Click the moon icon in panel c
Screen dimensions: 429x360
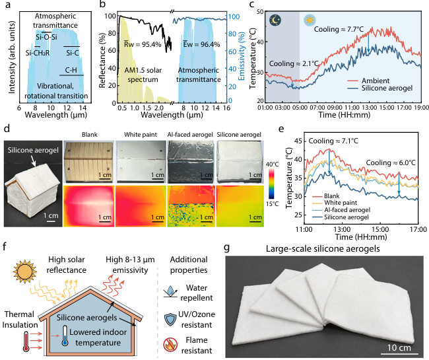[275, 20]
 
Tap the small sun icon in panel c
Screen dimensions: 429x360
[310, 20]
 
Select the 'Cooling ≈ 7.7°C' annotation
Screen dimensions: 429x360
[339, 29]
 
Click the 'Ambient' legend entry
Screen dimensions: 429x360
[375, 81]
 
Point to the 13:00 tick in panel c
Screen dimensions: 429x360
[369, 107]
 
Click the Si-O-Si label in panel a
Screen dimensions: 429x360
[46, 37]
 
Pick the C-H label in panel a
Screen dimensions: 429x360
[71, 70]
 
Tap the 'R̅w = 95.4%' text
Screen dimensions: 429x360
[143, 44]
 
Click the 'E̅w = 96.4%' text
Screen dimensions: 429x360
[201, 44]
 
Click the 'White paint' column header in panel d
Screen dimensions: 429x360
[141, 135]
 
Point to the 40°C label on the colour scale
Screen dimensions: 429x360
[272, 164]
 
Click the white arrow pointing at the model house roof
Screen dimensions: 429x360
[33, 162]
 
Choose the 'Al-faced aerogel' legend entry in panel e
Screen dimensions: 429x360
[347, 209]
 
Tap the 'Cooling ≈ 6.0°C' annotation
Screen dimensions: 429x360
[391, 162]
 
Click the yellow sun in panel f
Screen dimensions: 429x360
[25, 272]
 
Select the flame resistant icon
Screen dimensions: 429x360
[170, 345]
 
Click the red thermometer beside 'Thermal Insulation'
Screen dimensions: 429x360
[26, 342]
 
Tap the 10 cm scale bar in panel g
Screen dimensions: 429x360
[399, 354]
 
